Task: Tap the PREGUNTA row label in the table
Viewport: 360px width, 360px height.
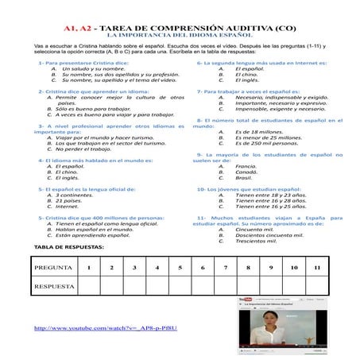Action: tap(55, 267)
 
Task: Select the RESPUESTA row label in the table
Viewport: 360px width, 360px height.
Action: tap(55, 286)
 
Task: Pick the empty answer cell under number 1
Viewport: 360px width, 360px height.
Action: tap(89, 286)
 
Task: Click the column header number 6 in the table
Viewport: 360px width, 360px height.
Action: tap(203, 267)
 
